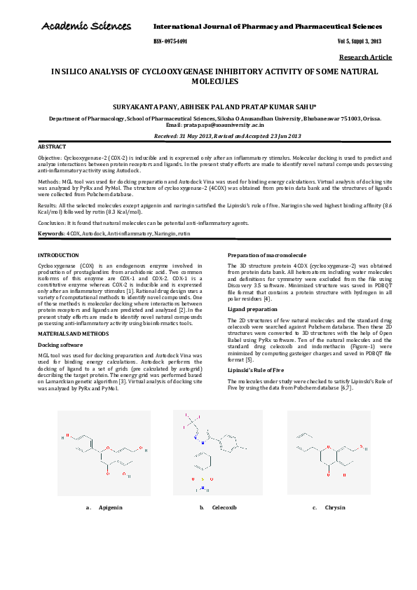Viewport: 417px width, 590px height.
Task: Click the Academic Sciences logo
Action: click(x=86, y=27)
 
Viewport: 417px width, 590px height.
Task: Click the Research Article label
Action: click(x=365, y=57)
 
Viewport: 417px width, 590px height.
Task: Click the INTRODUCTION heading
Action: click(x=58, y=255)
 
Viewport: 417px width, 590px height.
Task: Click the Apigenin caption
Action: click(x=110, y=526)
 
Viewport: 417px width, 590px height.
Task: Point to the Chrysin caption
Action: click(x=336, y=526)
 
